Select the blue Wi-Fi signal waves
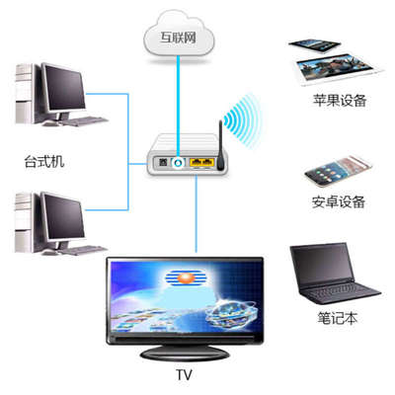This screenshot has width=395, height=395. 239,121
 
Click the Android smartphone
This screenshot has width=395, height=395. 333,174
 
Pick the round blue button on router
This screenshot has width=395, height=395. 179,162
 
